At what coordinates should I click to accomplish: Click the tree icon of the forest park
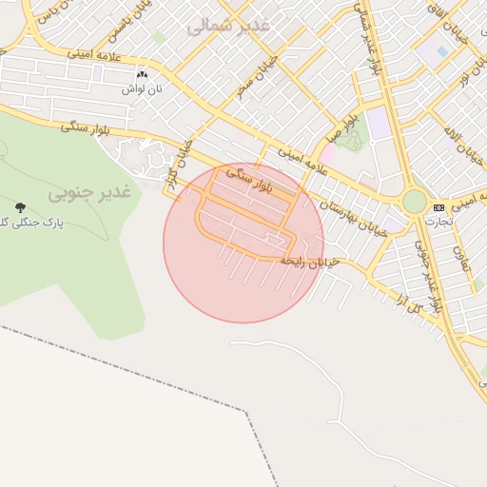coord(20,206)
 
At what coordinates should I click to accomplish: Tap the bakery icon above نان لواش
coord(143,73)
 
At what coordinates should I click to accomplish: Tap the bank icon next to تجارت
coord(438,207)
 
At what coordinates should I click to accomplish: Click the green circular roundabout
coord(415,202)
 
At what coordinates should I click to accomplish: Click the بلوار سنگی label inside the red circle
coord(250,182)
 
